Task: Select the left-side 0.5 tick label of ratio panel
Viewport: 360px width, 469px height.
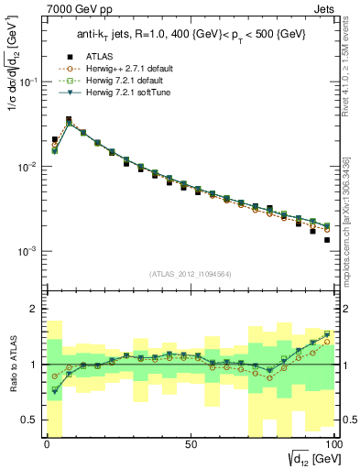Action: (30, 420)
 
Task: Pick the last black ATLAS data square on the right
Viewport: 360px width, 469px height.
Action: (327, 240)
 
